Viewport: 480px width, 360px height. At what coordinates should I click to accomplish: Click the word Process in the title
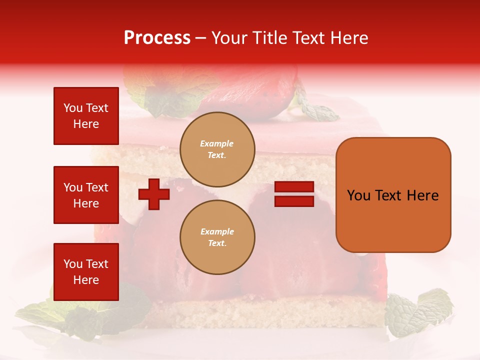157,38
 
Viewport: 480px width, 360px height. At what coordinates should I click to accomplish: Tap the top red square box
86,116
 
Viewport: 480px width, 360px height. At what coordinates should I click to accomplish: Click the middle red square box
86,195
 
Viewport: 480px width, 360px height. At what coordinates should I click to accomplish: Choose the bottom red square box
86,272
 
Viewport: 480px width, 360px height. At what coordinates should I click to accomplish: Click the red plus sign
154,194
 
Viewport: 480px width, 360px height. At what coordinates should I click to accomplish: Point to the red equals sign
294,194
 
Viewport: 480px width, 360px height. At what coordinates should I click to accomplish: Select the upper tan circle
217,149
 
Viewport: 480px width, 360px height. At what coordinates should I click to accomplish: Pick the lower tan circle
217,237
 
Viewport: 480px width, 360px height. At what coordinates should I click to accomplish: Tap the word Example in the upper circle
217,143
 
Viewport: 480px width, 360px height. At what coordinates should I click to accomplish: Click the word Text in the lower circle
216,243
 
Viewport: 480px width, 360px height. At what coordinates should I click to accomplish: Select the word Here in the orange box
422,195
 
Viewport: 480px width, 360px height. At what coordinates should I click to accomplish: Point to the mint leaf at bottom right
417,312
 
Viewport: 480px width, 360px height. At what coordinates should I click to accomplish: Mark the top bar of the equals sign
294,187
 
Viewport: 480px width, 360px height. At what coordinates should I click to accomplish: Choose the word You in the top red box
73,108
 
